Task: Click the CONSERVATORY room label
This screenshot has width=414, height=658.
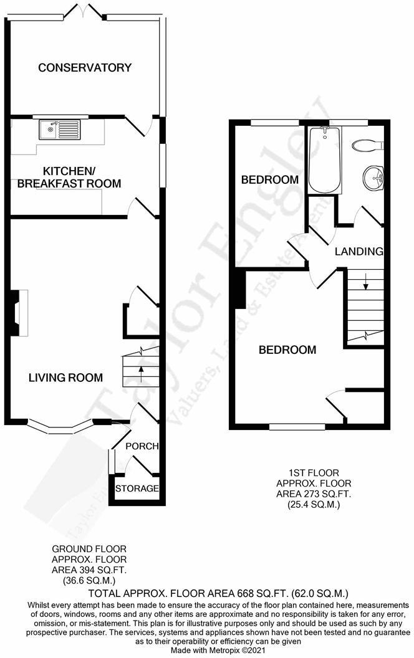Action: point(85,67)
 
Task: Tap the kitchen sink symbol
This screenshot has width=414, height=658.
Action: point(59,130)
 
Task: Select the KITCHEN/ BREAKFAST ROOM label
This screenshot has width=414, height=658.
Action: point(73,177)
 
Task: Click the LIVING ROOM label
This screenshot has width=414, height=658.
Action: point(65,377)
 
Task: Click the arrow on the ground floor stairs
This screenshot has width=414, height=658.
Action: point(140,372)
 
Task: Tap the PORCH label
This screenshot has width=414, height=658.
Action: point(142,446)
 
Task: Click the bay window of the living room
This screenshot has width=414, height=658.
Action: point(59,427)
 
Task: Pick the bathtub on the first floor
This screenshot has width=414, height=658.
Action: point(324,160)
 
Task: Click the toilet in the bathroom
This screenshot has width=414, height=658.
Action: point(366,145)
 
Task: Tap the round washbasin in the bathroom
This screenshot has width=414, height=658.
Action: point(373,176)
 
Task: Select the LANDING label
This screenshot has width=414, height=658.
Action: point(359,252)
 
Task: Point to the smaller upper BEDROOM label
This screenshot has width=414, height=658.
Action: point(269,180)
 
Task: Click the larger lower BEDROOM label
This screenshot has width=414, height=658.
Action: point(287,350)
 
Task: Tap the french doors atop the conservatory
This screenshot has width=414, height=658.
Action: point(85,12)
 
